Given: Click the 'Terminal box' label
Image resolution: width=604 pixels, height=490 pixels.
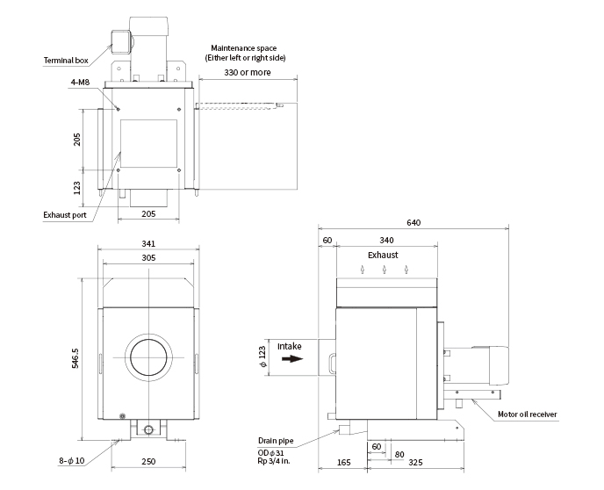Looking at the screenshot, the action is click(66, 61).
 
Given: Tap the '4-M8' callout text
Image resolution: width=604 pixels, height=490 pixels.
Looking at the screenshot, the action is click(80, 82).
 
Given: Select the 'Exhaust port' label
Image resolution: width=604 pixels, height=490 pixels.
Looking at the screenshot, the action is click(65, 215).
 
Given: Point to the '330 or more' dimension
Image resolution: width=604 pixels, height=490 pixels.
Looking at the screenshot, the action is click(248, 72).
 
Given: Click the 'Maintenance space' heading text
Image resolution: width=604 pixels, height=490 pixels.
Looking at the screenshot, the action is click(244, 48).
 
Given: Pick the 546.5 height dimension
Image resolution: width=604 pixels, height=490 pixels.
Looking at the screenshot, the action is click(75, 358).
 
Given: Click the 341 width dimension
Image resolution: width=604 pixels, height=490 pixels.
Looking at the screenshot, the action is click(148, 243).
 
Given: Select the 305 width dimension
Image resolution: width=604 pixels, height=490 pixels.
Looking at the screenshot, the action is click(148, 257).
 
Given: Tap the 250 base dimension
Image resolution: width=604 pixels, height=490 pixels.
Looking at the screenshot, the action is click(148, 462).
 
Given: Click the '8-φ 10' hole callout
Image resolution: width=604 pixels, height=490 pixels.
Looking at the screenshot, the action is click(72, 461).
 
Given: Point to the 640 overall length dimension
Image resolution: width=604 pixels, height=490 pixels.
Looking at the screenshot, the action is click(413, 223).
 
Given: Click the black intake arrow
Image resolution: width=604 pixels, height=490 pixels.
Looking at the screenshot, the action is click(292, 359).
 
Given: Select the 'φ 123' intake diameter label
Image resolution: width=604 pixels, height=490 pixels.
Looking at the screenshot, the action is click(262, 357).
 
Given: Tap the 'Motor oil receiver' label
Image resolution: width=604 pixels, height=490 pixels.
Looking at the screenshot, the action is click(528, 414).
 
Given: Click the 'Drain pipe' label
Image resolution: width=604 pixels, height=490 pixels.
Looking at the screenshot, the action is click(276, 441).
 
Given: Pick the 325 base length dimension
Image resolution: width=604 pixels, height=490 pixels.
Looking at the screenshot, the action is click(415, 462).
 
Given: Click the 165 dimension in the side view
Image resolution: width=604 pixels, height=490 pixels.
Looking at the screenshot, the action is click(343, 462).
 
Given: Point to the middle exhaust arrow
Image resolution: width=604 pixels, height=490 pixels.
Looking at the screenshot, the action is click(385, 270).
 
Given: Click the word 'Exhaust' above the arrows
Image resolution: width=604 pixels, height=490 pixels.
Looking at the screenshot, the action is click(383, 255).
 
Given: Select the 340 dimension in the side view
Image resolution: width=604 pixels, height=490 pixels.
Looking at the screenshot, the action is click(387, 241).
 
